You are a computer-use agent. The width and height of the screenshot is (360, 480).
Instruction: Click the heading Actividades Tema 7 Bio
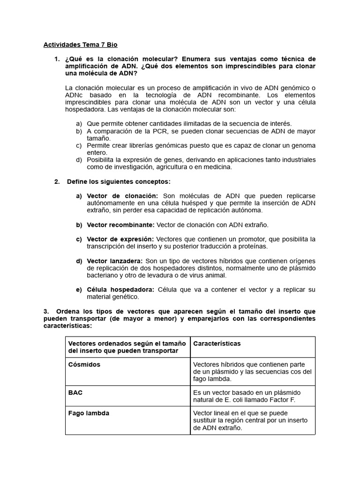(x=80, y=45)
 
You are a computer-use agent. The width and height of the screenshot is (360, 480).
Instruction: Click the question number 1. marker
(x=57, y=59)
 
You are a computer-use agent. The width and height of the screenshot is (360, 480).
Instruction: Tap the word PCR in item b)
(x=148, y=131)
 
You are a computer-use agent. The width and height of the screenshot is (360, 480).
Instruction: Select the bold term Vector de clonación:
(x=122, y=195)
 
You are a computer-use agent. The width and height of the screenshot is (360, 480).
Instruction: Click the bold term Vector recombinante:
(x=120, y=225)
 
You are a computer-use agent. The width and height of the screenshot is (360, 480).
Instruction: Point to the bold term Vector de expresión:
(x=120, y=239)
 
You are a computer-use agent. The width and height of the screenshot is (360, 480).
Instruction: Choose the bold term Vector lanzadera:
(x=115, y=261)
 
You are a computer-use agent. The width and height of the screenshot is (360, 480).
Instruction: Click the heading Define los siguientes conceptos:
(x=119, y=181)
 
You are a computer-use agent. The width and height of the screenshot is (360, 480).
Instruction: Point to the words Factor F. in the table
(x=288, y=399)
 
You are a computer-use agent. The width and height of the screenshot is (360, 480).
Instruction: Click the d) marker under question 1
(x=79, y=160)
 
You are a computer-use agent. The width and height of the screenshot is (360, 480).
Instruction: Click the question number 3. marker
(x=45, y=311)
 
